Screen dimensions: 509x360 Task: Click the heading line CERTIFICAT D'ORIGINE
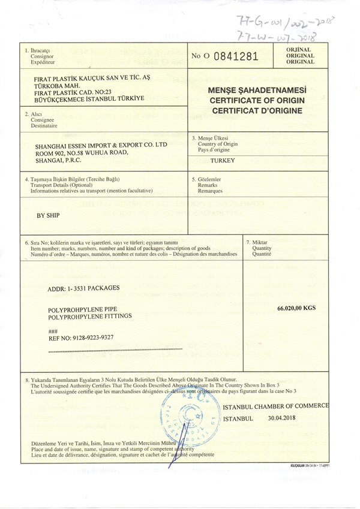[257, 111]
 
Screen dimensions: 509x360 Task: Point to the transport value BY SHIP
[49, 214]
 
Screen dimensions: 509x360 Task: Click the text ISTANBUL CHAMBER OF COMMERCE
[276, 406]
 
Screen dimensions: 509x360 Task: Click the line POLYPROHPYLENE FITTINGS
[89, 315]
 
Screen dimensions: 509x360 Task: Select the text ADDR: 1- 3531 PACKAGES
[83, 288]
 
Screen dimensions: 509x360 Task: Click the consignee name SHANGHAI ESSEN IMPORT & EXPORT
[101, 145]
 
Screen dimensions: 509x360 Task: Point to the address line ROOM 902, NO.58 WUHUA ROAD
[85, 153]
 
